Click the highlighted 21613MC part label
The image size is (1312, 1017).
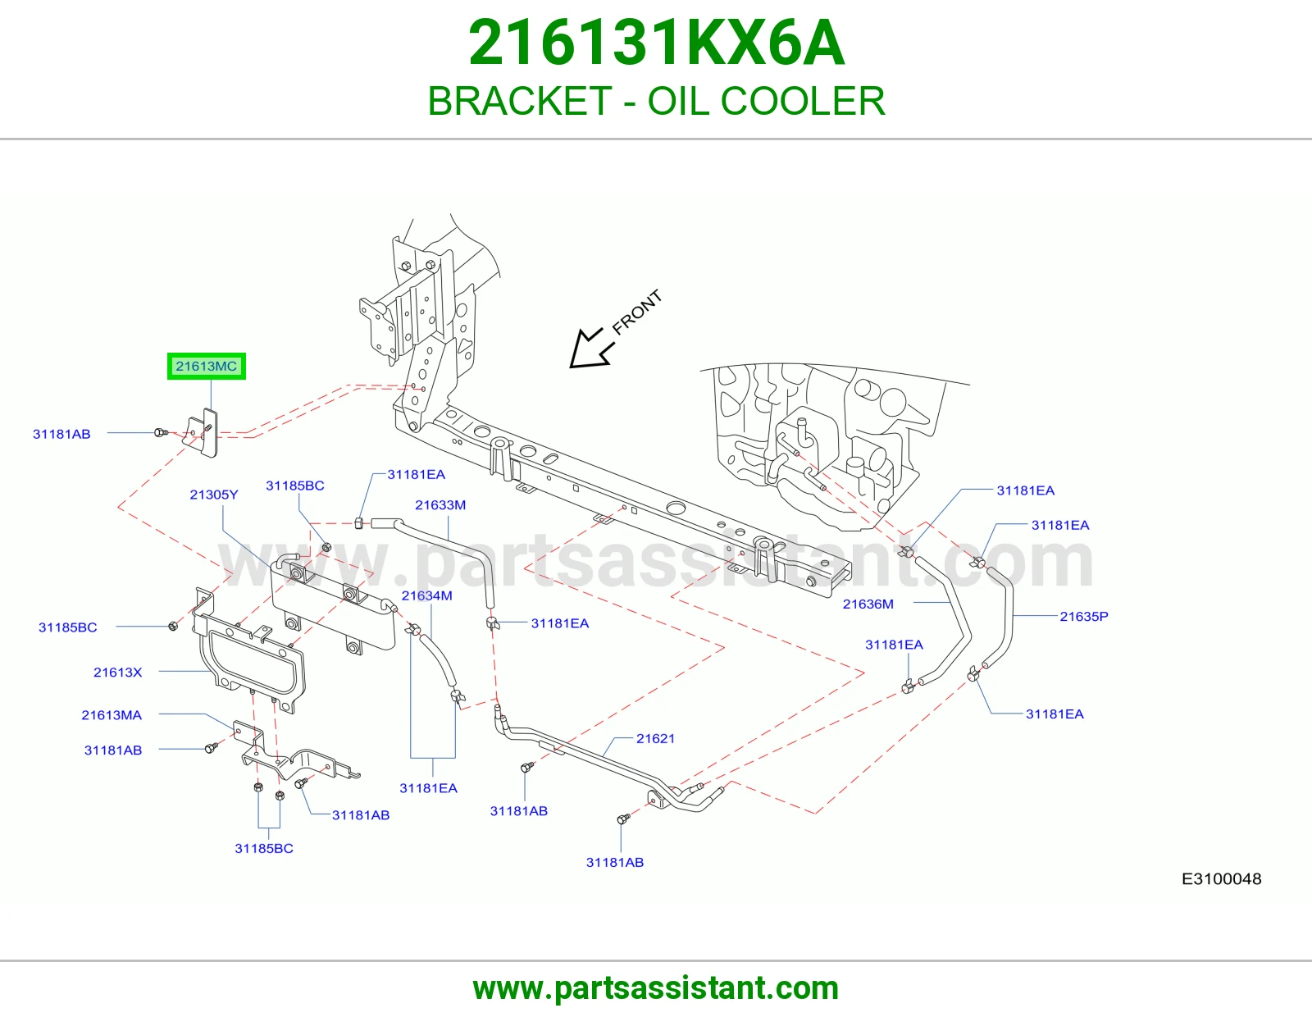pos(207,366)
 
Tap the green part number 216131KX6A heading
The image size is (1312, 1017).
pos(656,43)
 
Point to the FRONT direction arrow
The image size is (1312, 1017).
pos(591,349)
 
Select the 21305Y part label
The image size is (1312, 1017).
pos(214,495)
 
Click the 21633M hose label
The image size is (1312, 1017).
pos(440,505)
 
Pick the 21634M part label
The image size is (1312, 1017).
pos(427,595)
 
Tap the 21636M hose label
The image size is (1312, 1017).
pos(868,604)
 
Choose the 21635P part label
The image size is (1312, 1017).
pos(1084,616)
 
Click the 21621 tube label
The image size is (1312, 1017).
pos(655,738)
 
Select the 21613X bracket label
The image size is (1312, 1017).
pos(118,673)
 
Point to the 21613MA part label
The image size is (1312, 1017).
pos(112,715)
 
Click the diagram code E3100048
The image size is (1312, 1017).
pos(1222,878)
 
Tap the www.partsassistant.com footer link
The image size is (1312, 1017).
pos(656,988)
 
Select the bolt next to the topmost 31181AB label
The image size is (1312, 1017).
pos(161,432)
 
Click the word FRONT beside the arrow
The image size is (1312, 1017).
pos(637,312)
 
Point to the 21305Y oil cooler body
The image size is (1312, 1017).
pos(333,604)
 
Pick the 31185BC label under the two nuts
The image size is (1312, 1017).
pos(264,849)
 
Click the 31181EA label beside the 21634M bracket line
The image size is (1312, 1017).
pos(428,788)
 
